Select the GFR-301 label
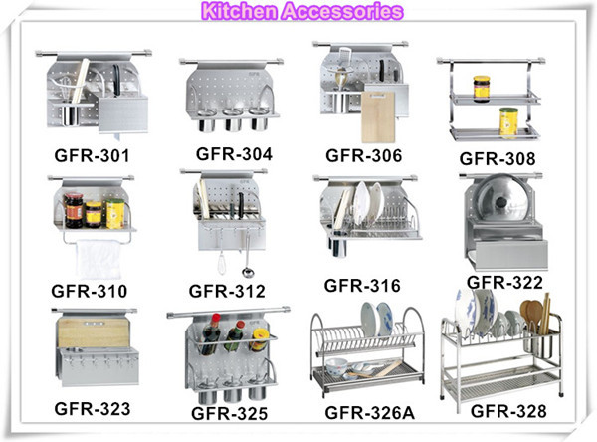coord(92,156)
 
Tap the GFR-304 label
coord(234,154)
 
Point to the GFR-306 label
coord(363,156)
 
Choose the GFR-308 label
coord(497,158)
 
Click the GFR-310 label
coord(90,291)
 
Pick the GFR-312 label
coord(227,291)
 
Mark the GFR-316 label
coord(363,287)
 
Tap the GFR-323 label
coord(93,408)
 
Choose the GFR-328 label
coord(508,409)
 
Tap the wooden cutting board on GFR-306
coord(378,116)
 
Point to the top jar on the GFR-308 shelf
coord(482,88)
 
